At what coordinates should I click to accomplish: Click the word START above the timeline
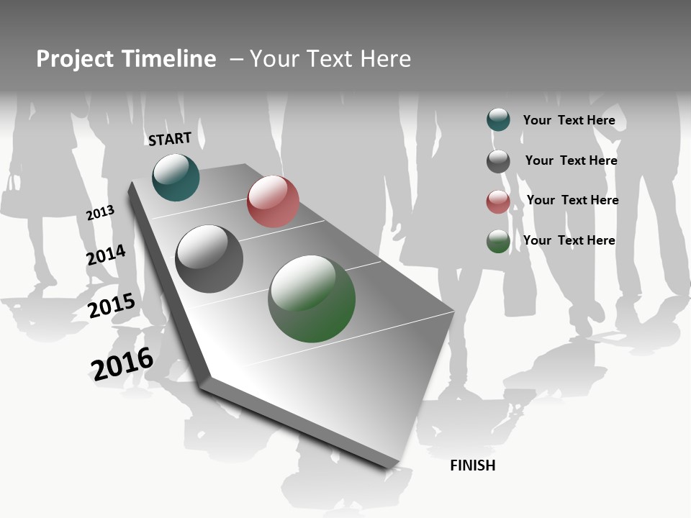point(170,139)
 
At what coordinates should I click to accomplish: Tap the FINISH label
point(473,465)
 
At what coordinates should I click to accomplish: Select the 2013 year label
point(100,213)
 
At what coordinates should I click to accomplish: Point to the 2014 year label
point(106,255)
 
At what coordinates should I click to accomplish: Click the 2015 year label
point(112,306)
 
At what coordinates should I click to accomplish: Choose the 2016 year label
point(122,364)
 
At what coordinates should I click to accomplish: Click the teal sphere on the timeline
point(176,178)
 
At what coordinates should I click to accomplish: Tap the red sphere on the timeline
point(273,201)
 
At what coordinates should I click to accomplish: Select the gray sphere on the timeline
point(209,259)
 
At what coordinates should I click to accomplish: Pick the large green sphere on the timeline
point(312,299)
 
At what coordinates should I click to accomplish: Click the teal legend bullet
point(498,119)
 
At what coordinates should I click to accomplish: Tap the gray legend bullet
point(498,161)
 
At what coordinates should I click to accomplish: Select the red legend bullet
point(498,201)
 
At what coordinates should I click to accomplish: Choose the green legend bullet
point(498,241)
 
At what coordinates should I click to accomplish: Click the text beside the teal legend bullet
point(569,120)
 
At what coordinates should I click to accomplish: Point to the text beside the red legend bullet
point(572,200)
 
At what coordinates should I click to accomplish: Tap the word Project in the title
point(75,60)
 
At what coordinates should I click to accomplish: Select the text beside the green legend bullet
point(569,240)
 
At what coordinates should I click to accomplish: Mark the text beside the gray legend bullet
point(571,160)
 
